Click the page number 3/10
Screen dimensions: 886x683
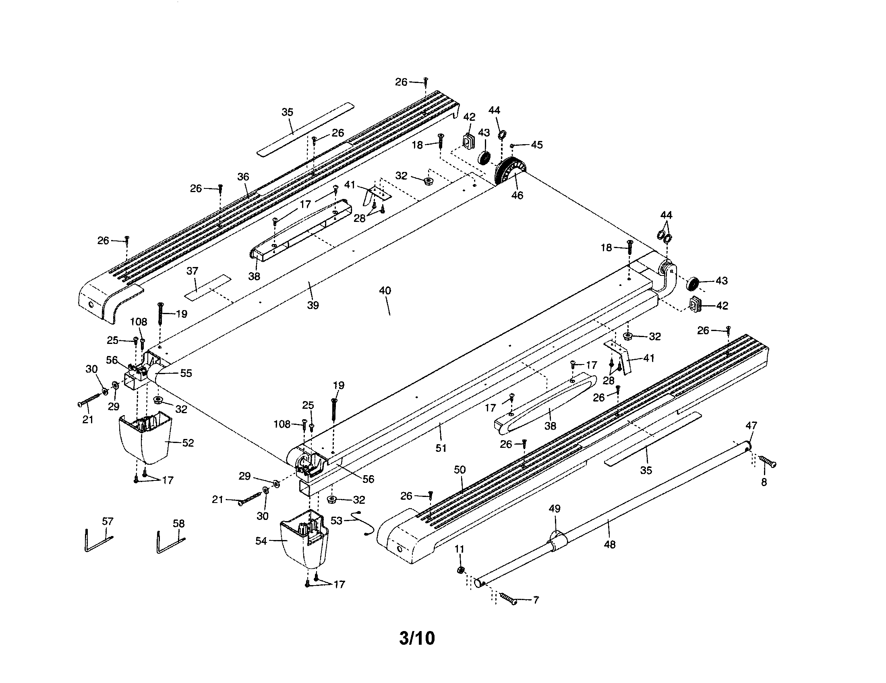coord(417,638)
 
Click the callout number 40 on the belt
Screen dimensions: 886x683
coord(385,290)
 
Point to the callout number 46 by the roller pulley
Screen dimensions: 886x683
coord(517,195)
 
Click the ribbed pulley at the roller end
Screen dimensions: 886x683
coord(509,171)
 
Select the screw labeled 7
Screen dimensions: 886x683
coord(508,599)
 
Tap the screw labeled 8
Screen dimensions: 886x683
coord(767,462)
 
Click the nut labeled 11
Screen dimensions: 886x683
coord(460,570)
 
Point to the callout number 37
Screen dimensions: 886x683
coord(192,271)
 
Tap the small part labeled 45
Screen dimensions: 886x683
coord(512,145)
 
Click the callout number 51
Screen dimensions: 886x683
coord(441,448)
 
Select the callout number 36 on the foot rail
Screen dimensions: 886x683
coord(243,177)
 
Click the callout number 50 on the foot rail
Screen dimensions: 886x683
coord(460,470)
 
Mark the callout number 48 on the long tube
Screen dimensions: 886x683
coord(610,545)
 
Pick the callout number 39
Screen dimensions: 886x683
coord(313,305)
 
